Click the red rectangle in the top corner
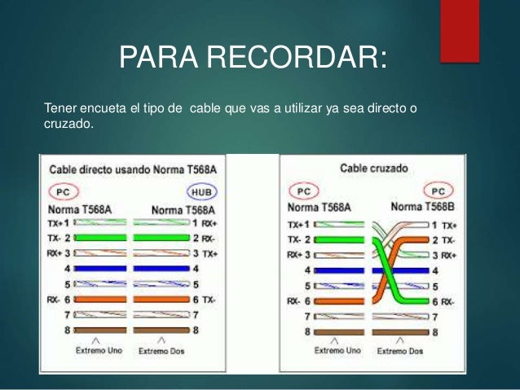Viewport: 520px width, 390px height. (x=459, y=30)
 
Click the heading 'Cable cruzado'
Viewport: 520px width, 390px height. (x=374, y=169)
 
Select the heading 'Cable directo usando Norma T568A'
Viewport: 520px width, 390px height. (x=134, y=171)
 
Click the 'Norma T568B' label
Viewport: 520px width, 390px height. (x=423, y=207)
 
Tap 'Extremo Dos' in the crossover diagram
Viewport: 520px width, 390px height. (x=400, y=351)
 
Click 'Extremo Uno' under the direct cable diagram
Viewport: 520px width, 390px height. (x=96, y=351)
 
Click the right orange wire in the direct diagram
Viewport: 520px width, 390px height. (x=161, y=299)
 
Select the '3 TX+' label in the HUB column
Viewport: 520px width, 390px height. (x=204, y=253)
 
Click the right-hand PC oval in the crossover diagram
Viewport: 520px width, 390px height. (x=438, y=191)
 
